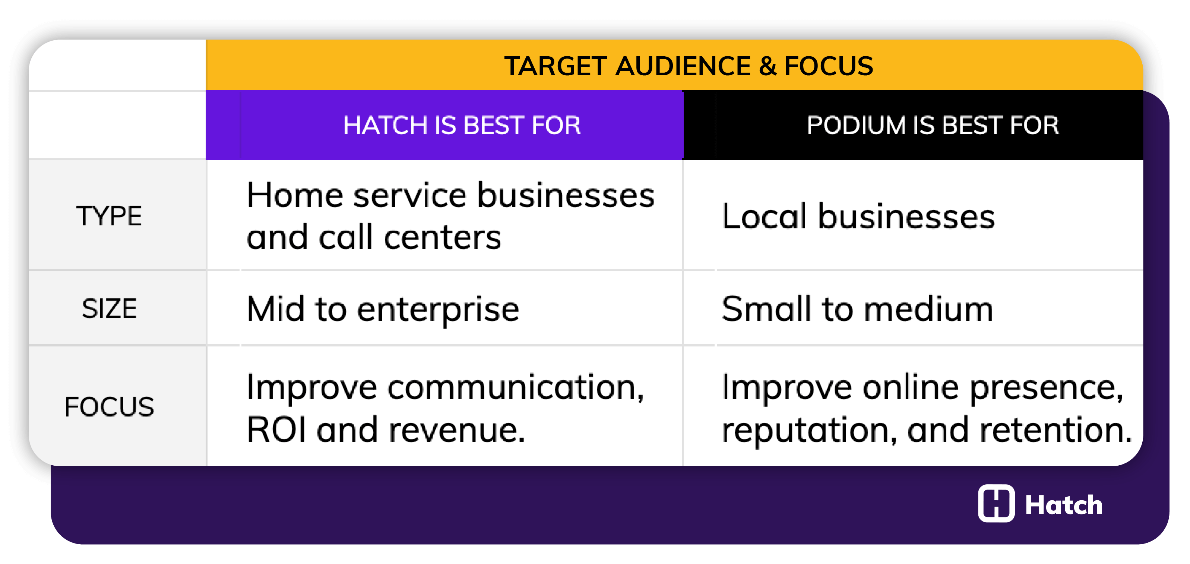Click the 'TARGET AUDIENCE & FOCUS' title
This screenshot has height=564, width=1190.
pos(688,66)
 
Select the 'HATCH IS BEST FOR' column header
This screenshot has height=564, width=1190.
pos(462,125)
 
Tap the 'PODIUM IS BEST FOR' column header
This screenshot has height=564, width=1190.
pos(932,125)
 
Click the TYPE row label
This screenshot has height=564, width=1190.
pos(109,216)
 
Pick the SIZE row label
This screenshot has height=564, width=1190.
pos(109,308)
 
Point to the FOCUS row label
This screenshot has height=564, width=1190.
pos(109,407)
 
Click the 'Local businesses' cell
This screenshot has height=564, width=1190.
pos(858,216)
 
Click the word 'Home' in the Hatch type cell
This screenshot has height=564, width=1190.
pos(295,196)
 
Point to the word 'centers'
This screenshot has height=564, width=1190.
pos(442,237)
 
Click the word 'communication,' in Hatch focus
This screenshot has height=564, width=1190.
pos(516,387)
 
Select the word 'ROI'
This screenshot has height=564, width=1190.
pos(276,430)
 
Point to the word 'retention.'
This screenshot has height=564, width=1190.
pos(1056,430)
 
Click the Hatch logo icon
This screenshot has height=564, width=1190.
pos(996,504)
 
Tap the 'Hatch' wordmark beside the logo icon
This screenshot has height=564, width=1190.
pos(1063,504)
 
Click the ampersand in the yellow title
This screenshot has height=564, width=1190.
pos(767,66)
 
